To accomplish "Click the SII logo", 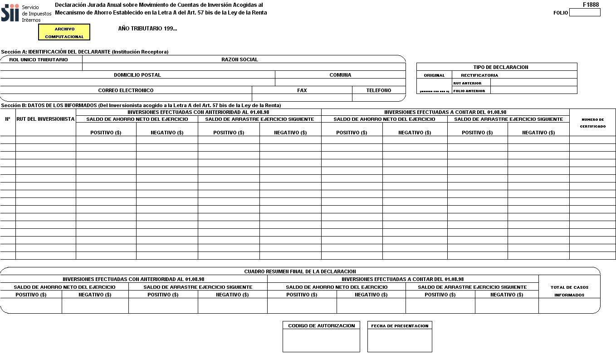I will pos(10,13).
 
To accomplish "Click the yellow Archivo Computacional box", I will pos(64,32).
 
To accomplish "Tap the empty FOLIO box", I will pos(584,13).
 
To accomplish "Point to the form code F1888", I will pos(591,5).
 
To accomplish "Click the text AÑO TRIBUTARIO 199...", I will pos(147,29).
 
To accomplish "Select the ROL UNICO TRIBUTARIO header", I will pos(39,59).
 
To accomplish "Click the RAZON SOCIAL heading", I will pos(240,59).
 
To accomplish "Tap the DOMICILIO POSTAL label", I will pos(137,75).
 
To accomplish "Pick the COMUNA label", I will pos(340,75).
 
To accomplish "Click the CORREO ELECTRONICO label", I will pos(126,90).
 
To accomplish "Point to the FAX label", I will pos(302,90).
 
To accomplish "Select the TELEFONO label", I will pos(379,90).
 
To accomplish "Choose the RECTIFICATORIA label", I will pos(479,75).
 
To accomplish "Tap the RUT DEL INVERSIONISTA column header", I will pos(45,119).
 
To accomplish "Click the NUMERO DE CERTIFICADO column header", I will pos(592,123).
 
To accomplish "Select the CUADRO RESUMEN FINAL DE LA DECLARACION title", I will pos(300,271).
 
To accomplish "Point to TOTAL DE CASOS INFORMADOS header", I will pos(569,291).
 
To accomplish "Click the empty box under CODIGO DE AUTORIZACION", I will pos(321,340).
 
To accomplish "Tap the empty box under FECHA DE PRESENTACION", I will pos(400,340).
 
